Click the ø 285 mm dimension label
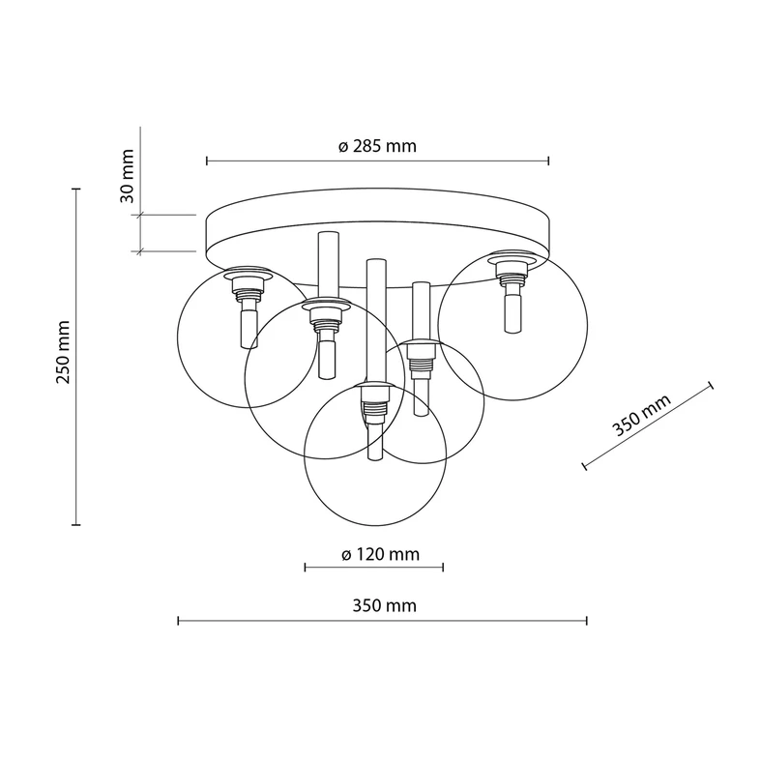(377, 147)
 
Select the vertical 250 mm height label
(63, 352)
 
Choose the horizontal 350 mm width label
(384, 606)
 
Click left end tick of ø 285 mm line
(207, 161)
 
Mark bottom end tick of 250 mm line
(76, 524)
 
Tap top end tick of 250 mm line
(76, 190)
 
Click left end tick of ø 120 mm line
(305, 568)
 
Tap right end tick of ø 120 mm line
(445, 568)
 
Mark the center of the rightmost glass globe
(512, 326)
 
